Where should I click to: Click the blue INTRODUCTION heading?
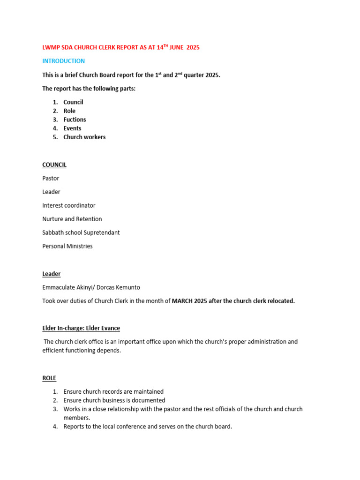63,61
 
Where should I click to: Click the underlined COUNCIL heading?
54,165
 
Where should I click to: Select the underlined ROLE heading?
49,378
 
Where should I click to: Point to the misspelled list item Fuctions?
75,120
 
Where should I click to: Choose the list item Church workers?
84,137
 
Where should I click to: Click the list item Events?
72,128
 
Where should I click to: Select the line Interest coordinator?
68,205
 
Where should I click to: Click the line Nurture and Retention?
72,219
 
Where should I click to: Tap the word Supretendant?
101,232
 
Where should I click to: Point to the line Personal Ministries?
67,246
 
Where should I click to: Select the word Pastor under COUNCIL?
51,179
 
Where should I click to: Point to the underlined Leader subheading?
51,274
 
